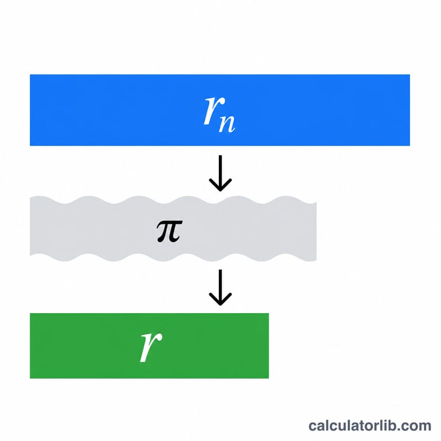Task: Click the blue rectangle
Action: point(220,110)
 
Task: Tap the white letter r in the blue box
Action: point(214,110)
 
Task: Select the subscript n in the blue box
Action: point(227,123)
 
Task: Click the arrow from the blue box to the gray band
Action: point(220,173)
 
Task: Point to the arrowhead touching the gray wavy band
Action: point(220,185)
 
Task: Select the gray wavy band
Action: point(173,229)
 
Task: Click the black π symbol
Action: point(170,231)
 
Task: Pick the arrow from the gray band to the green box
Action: point(220,287)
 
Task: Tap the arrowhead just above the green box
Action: point(220,299)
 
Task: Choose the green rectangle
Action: point(149,346)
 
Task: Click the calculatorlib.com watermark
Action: point(370,426)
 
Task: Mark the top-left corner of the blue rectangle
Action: point(30,74)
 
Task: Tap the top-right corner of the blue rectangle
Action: point(410,74)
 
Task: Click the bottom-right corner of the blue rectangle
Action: point(410,146)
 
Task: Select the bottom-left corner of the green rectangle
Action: point(30,378)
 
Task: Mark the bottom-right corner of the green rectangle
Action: point(269,378)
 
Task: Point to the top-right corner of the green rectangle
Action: point(269,313)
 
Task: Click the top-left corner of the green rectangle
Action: point(30,313)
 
